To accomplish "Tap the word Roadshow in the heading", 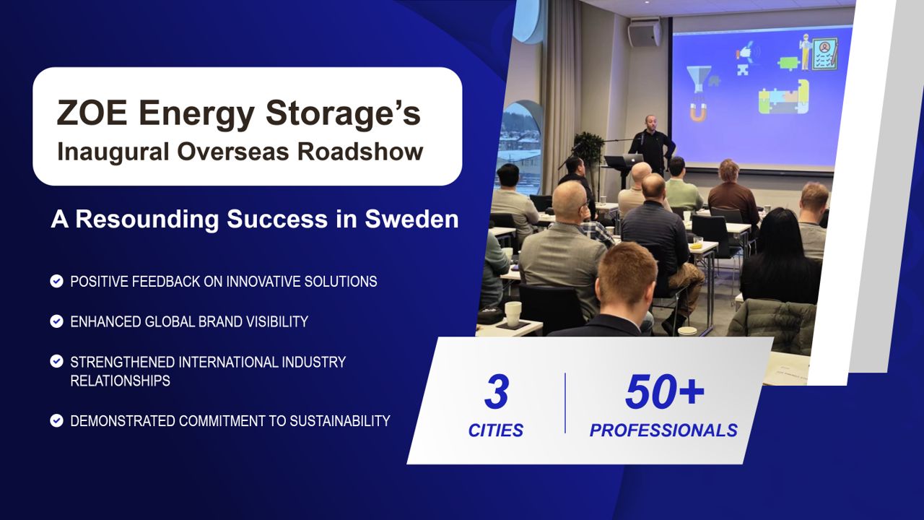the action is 360,151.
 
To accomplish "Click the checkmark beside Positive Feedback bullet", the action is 56,281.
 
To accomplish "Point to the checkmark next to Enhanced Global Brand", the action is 56,321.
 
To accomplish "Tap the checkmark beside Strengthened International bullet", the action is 56,361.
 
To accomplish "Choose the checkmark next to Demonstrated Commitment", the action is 56,420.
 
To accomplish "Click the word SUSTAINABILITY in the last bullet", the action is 339,421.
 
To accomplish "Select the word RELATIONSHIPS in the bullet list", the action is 120,381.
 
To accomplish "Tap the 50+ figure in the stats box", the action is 665,391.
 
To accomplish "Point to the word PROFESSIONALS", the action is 663,430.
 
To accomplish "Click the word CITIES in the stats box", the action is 495,430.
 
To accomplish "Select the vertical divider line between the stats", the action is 565,403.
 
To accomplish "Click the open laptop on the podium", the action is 624,160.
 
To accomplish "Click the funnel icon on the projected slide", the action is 698,79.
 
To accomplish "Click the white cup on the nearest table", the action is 513,314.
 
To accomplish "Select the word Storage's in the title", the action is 343,113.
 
